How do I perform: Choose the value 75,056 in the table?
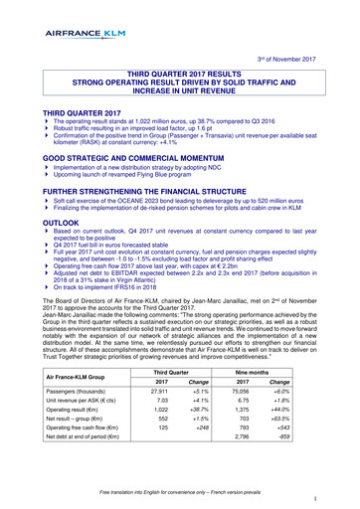(x=262, y=396)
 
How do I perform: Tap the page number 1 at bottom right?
(x=340, y=496)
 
